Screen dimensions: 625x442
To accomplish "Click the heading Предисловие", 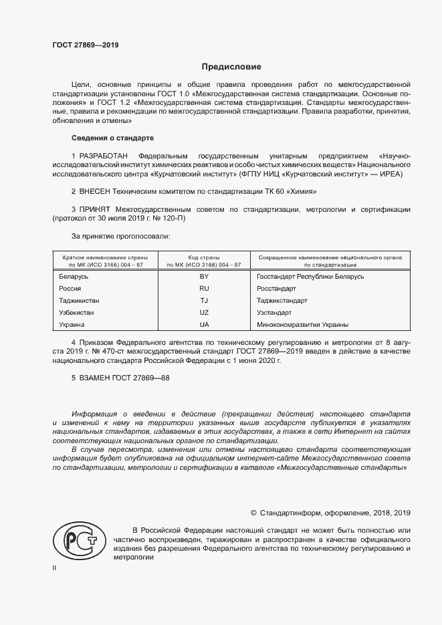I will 231,67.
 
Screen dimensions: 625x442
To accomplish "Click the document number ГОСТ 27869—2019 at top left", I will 85,46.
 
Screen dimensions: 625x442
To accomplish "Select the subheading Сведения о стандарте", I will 112,138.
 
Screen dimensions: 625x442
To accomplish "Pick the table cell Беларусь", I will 74,276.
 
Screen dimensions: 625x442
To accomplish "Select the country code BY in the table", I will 204,276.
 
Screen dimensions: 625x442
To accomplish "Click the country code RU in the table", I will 204,288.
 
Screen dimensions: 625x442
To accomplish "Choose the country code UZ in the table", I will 204,312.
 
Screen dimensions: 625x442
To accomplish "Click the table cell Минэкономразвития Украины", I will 302,324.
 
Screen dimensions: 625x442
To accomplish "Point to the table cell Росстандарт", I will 277,288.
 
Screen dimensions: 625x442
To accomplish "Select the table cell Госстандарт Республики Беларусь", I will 310,276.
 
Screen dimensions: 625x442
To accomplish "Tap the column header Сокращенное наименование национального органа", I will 329,257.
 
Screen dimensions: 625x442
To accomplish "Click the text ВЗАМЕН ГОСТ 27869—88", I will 120,378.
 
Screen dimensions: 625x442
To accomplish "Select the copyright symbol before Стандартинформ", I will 253,513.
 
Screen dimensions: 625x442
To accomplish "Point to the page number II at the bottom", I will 55,567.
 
